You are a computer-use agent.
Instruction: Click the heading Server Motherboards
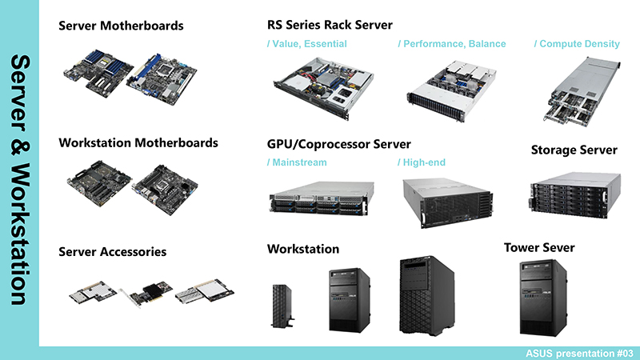(x=121, y=26)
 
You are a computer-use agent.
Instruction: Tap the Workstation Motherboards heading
(x=138, y=143)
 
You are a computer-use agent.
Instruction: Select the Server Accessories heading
(x=112, y=252)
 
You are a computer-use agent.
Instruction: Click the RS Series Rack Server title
(x=330, y=25)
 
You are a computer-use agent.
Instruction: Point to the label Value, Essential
(x=306, y=44)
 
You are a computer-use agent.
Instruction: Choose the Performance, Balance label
(x=452, y=44)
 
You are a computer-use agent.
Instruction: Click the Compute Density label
(x=577, y=44)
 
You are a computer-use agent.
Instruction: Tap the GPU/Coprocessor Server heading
(x=338, y=144)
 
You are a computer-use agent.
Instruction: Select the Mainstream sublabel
(x=297, y=162)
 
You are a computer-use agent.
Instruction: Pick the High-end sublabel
(x=422, y=162)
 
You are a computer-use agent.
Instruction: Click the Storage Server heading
(x=574, y=150)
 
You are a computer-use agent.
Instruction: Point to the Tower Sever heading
(x=539, y=248)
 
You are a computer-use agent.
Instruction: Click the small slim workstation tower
(x=282, y=306)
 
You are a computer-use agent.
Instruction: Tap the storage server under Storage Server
(x=575, y=195)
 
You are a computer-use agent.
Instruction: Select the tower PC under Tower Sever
(x=543, y=298)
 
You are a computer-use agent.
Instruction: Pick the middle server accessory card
(x=146, y=294)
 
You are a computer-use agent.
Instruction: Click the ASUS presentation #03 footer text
(x=579, y=354)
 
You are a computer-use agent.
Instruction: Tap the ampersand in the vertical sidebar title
(x=19, y=147)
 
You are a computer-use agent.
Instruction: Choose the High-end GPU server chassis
(x=448, y=203)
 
